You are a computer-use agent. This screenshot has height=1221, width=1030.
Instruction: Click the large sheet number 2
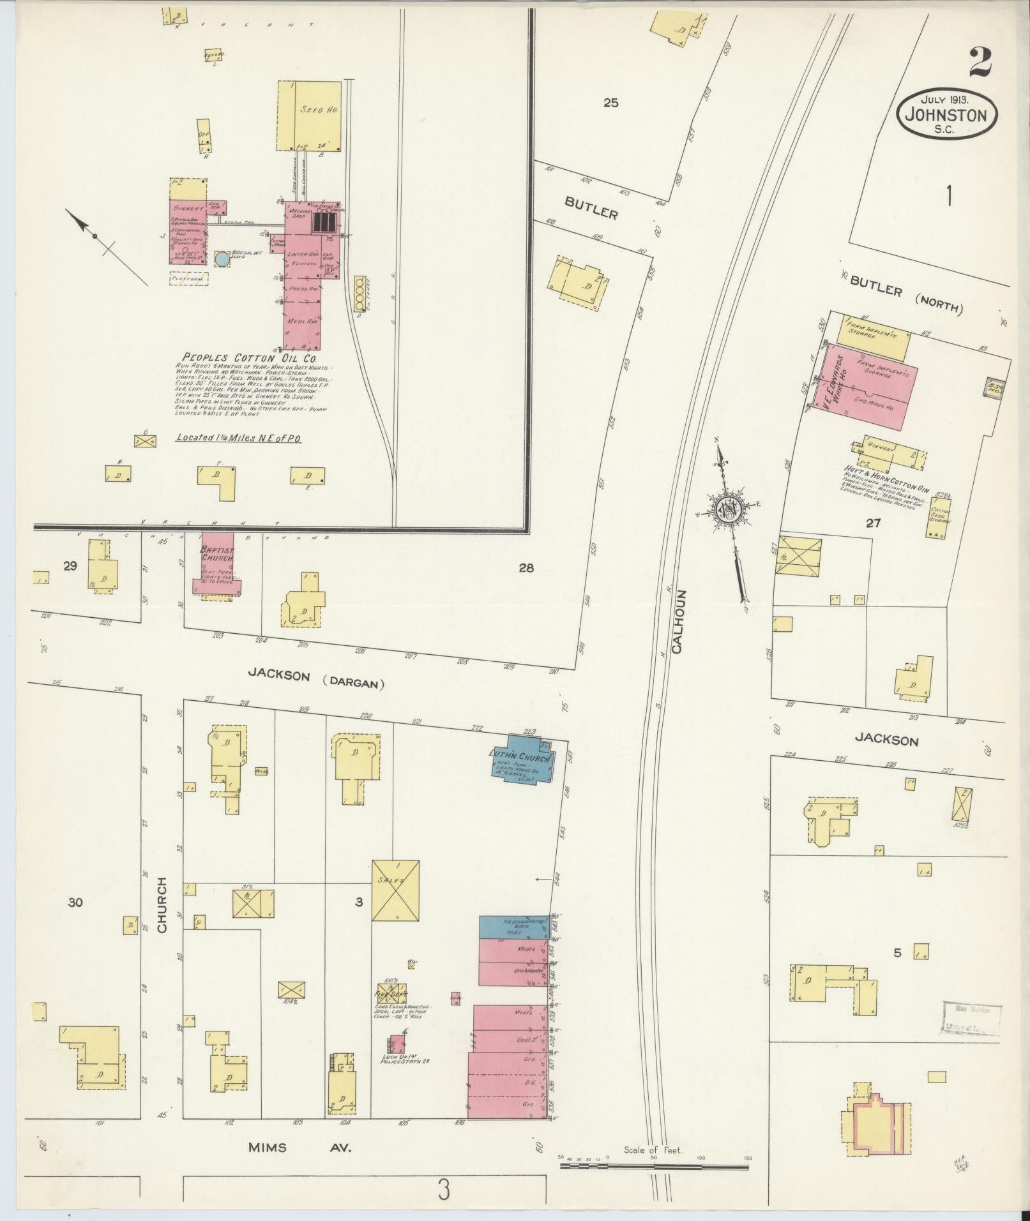click(980, 63)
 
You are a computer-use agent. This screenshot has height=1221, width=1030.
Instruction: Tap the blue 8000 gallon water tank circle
click(222, 258)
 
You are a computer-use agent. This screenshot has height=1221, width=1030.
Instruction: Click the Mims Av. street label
click(300, 1147)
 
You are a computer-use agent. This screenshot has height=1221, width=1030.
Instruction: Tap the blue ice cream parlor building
click(513, 927)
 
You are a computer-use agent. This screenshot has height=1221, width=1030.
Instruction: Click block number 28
click(526, 567)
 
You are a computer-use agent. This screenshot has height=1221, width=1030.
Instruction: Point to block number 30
click(75, 903)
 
